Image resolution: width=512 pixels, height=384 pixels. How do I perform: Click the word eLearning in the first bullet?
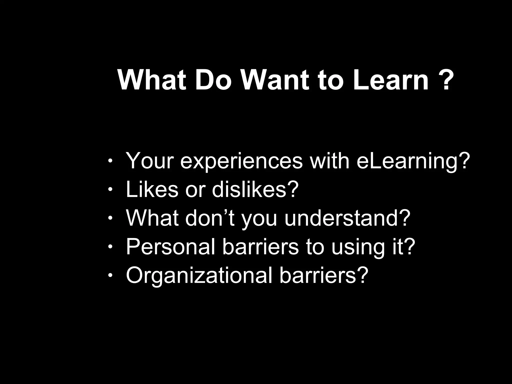point(411,161)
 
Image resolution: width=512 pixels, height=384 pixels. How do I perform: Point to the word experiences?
point(241,161)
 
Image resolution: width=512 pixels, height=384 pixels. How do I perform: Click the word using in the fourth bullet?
point(357,247)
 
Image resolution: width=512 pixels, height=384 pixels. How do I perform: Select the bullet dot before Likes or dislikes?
point(110,190)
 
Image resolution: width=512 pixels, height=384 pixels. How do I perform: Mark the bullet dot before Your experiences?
point(110,161)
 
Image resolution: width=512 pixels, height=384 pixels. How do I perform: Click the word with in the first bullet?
point(329,161)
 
